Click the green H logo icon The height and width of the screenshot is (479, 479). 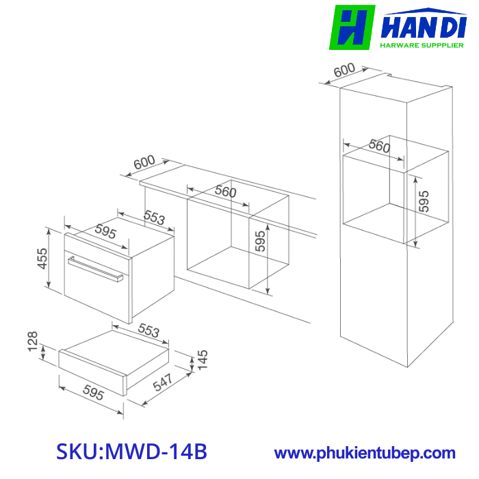pos(352,27)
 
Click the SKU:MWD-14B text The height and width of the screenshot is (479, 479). pos(131,452)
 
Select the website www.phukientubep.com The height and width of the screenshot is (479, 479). pos(365,453)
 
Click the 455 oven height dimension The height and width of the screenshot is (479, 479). pos(43,268)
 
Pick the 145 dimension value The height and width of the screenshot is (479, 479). pos(202,360)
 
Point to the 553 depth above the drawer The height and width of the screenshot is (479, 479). pos(145,331)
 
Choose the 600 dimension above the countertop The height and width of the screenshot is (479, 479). pos(144,164)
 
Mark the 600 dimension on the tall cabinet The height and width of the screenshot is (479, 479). pos(346,70)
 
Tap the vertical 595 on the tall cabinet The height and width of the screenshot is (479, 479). pos(424,202)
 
